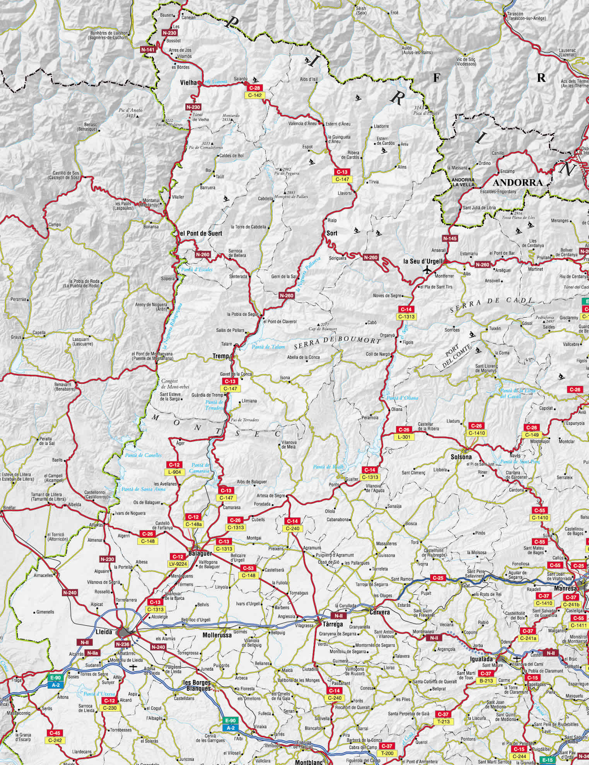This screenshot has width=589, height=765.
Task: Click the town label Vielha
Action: click(188, 83)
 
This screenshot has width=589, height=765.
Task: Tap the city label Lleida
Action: click(104, 632)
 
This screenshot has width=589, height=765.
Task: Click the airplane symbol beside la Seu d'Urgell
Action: click(427, 269)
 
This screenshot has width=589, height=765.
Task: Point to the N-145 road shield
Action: click(450, 238)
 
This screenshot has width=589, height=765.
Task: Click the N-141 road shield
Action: click(148, 50)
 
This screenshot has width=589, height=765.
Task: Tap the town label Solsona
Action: click(461, 457)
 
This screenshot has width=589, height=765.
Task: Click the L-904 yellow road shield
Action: click(174, 472)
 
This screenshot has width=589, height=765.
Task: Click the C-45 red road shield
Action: click(55, 733)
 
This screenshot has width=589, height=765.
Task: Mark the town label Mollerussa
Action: click(217, 635)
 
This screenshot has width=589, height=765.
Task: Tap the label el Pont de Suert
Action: click(201, 234)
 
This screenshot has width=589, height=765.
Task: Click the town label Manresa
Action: click(565, 589)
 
